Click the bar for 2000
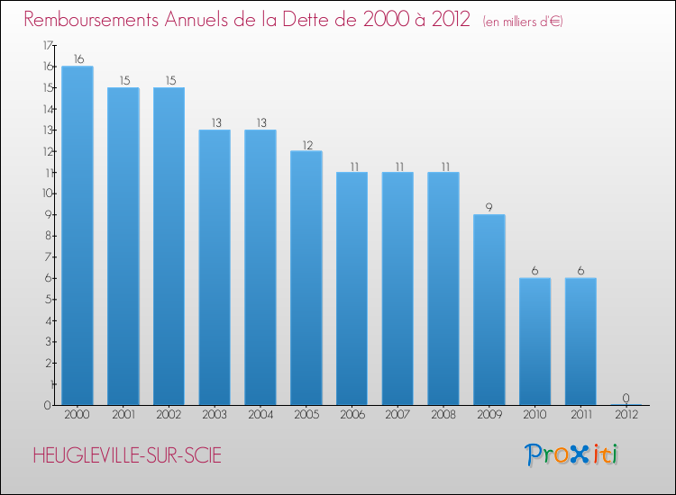[x=78, y=235]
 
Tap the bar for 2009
[x=489, y=310]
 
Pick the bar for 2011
[x=580, y=341]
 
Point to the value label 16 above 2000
[x=78, y=58]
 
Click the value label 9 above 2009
[x=489, y=207]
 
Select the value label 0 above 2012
[x=626, y=397]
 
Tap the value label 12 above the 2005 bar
[x=306, y=144]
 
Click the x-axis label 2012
[x=626, y=415]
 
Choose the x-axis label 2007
[x=397, y=415]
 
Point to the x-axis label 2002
[x=169, y=415]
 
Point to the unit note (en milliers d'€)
[x=523, y=21]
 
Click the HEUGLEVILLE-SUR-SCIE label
[x=126, y=455]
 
